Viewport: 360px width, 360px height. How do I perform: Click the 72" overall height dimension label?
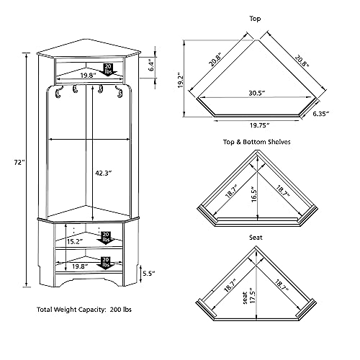19,163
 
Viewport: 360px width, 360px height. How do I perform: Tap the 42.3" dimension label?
104,173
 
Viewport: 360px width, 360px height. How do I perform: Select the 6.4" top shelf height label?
151,65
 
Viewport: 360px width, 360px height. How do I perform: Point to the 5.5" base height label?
149,274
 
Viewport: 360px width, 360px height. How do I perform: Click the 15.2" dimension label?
75,241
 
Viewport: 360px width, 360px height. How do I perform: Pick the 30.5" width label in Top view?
257,93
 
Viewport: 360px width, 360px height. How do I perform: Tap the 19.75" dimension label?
260,125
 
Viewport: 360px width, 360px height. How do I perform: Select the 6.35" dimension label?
320,114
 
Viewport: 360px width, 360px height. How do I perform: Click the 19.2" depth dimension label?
181,80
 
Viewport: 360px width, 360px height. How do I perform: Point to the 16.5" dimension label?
254,194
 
